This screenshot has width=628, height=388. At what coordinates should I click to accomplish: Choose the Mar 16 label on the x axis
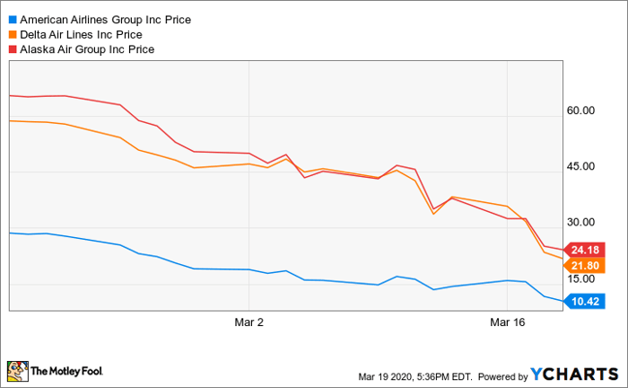507,321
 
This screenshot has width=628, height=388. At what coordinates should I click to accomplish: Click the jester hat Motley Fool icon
17,370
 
